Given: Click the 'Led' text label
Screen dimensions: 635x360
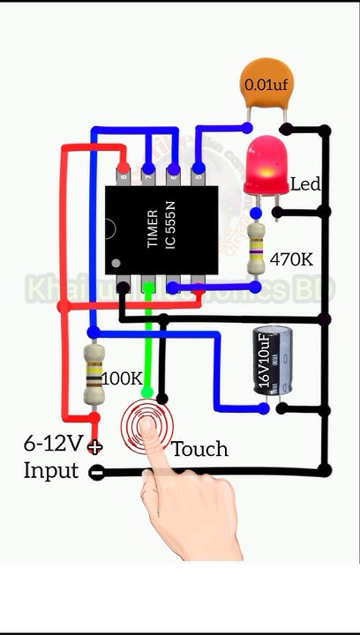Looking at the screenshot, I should click(x=304, y=184).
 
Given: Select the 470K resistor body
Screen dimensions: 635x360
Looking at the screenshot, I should click(x=256, y=248).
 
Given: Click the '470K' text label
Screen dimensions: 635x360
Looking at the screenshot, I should click(x=291, y=259).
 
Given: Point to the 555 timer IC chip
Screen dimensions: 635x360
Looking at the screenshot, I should click(x=161, y=228).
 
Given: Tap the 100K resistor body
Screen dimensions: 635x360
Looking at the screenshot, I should click(x=94, y=375).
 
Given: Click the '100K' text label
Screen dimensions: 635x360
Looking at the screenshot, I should click(x=122, y=378).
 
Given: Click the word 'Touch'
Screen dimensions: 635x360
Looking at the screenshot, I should click(x=199, y=450).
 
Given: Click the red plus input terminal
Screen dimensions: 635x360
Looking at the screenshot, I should click(x=95, y=447).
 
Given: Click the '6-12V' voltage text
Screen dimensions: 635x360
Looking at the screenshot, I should click(x=53, y=444).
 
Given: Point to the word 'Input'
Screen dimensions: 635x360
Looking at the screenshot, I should click(x=51, y=470).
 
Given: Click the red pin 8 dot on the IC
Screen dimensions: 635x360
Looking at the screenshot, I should click(x=124, y=168).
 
